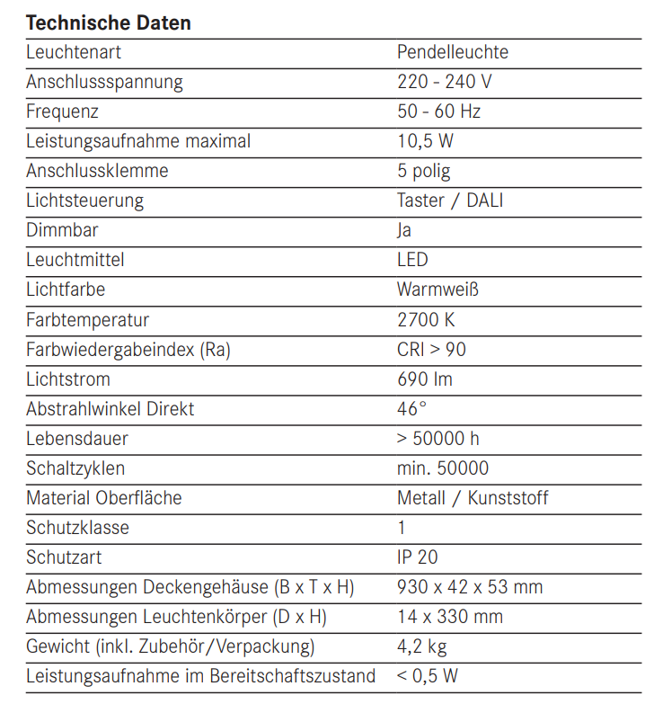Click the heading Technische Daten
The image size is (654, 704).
108,22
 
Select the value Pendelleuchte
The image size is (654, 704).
452,52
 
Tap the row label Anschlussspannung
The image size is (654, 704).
104,82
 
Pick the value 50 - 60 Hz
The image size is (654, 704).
438,111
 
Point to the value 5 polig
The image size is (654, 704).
424,171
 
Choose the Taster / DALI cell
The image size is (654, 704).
450,201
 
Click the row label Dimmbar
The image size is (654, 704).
62,230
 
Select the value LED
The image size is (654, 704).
412,260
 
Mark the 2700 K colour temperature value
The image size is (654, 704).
426,319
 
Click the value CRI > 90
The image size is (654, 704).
431,349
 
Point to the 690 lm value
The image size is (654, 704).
425,379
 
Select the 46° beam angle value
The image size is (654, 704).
411,408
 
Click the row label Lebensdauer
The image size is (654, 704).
77,438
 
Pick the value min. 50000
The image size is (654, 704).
443,468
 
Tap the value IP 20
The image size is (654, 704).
418,557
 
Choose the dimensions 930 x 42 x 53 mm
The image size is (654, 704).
470,586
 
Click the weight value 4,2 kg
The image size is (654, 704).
421,646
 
